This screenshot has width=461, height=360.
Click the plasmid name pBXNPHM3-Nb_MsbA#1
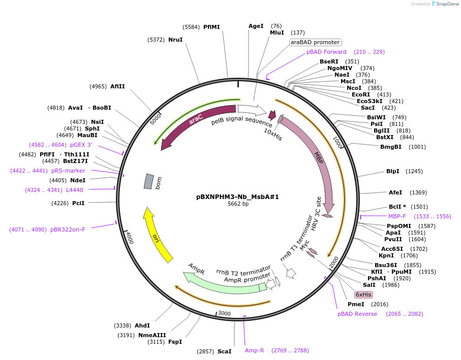click(238, 197)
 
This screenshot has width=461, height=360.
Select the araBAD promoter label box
click(315, 42)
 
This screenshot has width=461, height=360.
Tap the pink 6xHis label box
click(363, 294)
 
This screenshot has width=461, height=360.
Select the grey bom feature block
click(148, 181)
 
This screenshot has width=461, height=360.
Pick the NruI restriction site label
click(175, 40)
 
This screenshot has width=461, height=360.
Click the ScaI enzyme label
click(224, 351)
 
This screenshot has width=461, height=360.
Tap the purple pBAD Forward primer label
click(326, 52)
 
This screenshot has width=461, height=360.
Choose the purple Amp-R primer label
click(254, 350)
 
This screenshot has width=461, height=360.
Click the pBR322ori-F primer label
click(68, 230)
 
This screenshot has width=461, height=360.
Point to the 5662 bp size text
click(238, 204)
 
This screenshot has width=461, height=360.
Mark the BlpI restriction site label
click(393, 171)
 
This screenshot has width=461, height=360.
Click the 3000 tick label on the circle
click(224, 313)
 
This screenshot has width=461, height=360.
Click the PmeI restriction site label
click(356, 304)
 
